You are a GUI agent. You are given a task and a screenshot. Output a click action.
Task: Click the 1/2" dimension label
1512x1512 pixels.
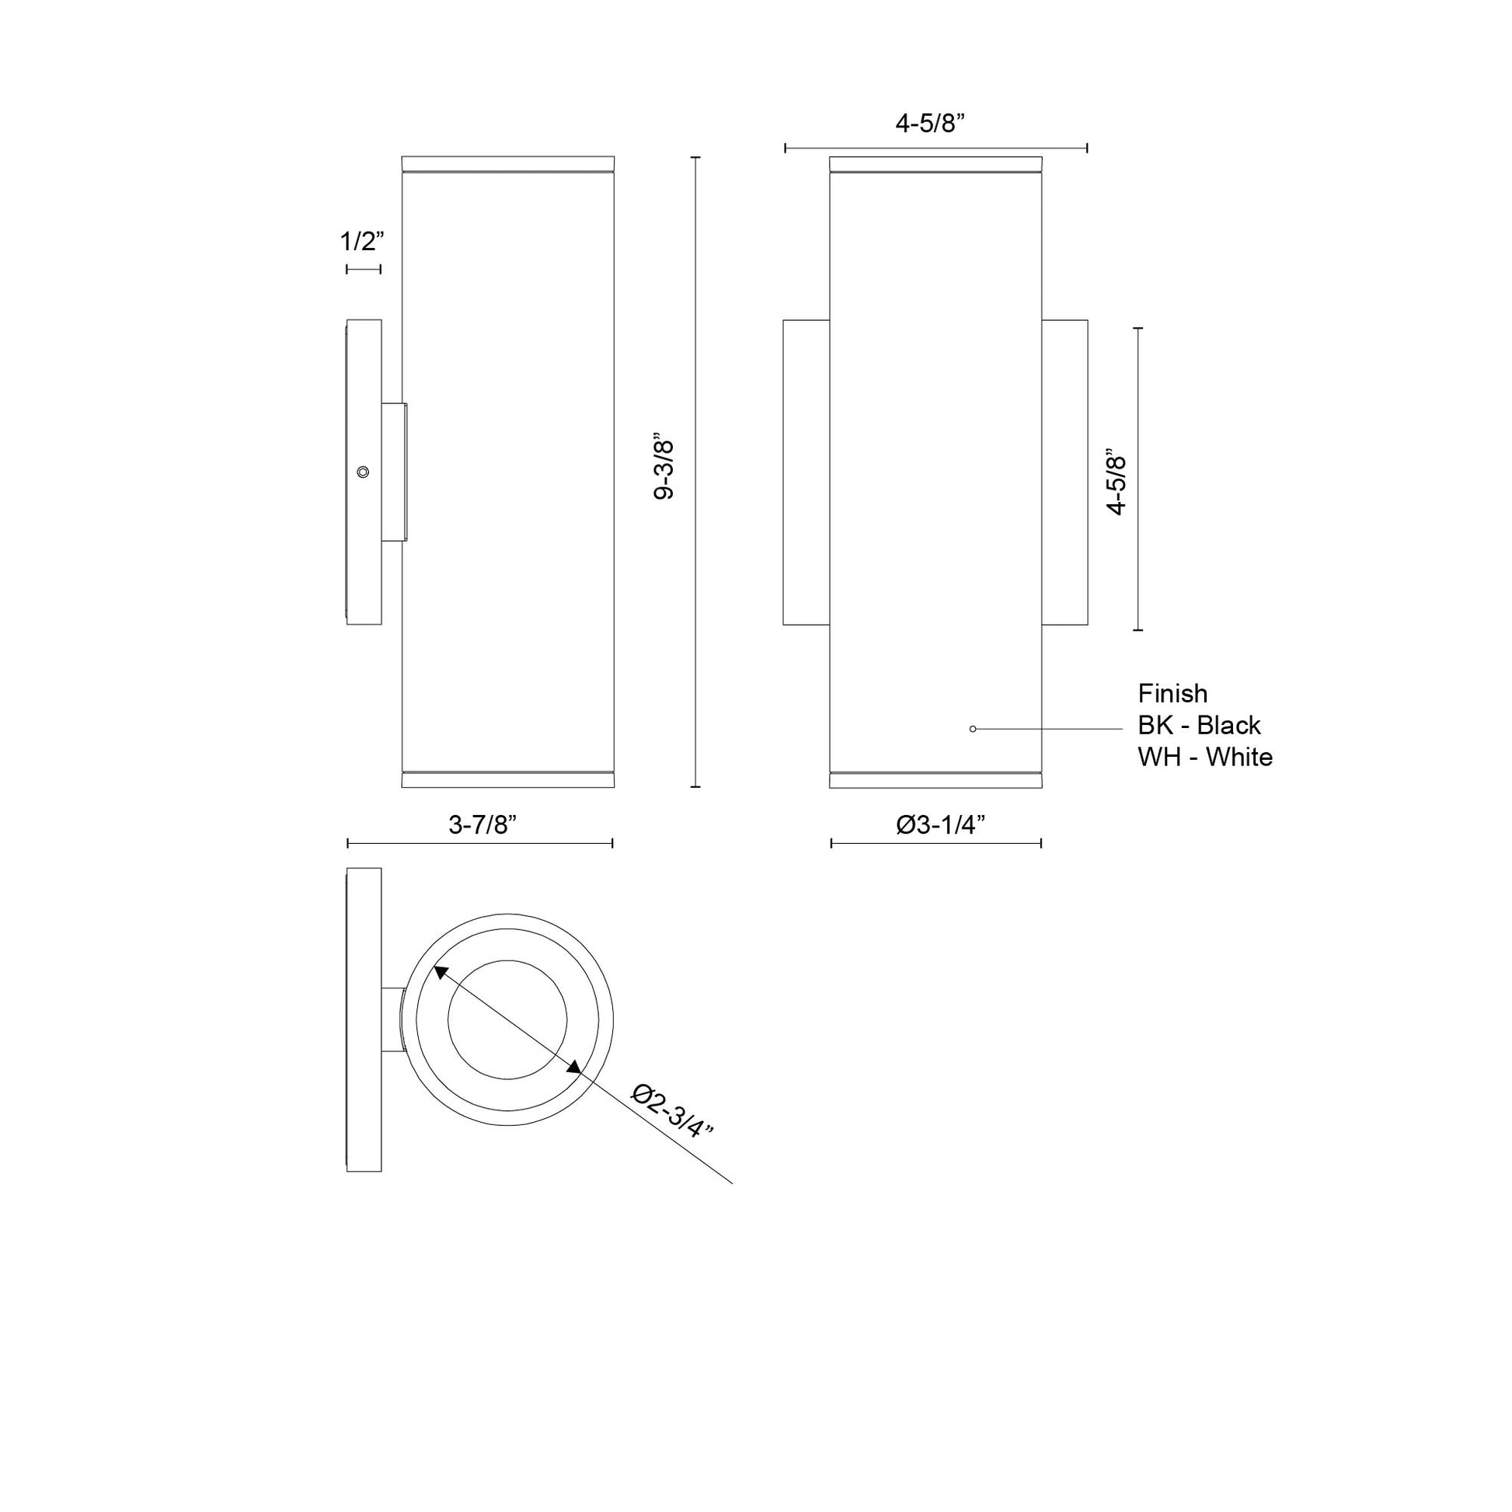362,242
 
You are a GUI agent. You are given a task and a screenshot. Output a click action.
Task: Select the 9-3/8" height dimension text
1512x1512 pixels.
664,470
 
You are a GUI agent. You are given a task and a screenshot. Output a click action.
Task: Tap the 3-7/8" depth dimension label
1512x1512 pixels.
483,824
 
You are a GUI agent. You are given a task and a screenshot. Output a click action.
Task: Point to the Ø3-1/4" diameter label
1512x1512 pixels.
940,824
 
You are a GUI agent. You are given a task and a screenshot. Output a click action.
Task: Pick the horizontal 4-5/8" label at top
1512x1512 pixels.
930,123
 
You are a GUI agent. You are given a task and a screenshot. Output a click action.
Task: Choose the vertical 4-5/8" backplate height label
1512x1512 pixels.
1116,481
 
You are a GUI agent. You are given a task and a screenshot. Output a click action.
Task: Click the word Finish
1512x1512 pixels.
1172,693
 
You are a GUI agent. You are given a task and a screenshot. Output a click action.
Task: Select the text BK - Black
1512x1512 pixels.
1199,726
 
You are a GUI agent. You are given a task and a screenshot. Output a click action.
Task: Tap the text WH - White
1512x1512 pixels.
1205,757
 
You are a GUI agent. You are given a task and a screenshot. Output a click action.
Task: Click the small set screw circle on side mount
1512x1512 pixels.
362,471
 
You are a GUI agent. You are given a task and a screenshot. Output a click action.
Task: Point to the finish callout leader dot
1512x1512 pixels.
973,729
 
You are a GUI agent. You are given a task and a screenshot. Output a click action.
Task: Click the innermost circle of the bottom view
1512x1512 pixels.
507,1019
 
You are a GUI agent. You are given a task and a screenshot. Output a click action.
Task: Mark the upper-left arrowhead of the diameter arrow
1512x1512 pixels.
441,972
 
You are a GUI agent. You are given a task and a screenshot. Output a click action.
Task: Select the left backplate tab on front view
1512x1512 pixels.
806,472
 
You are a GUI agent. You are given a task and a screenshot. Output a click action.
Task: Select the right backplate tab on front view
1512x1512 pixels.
1064,472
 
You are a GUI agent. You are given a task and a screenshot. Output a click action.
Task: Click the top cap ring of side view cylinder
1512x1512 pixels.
507,164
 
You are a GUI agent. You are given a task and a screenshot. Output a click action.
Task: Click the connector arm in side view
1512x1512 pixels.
394,471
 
